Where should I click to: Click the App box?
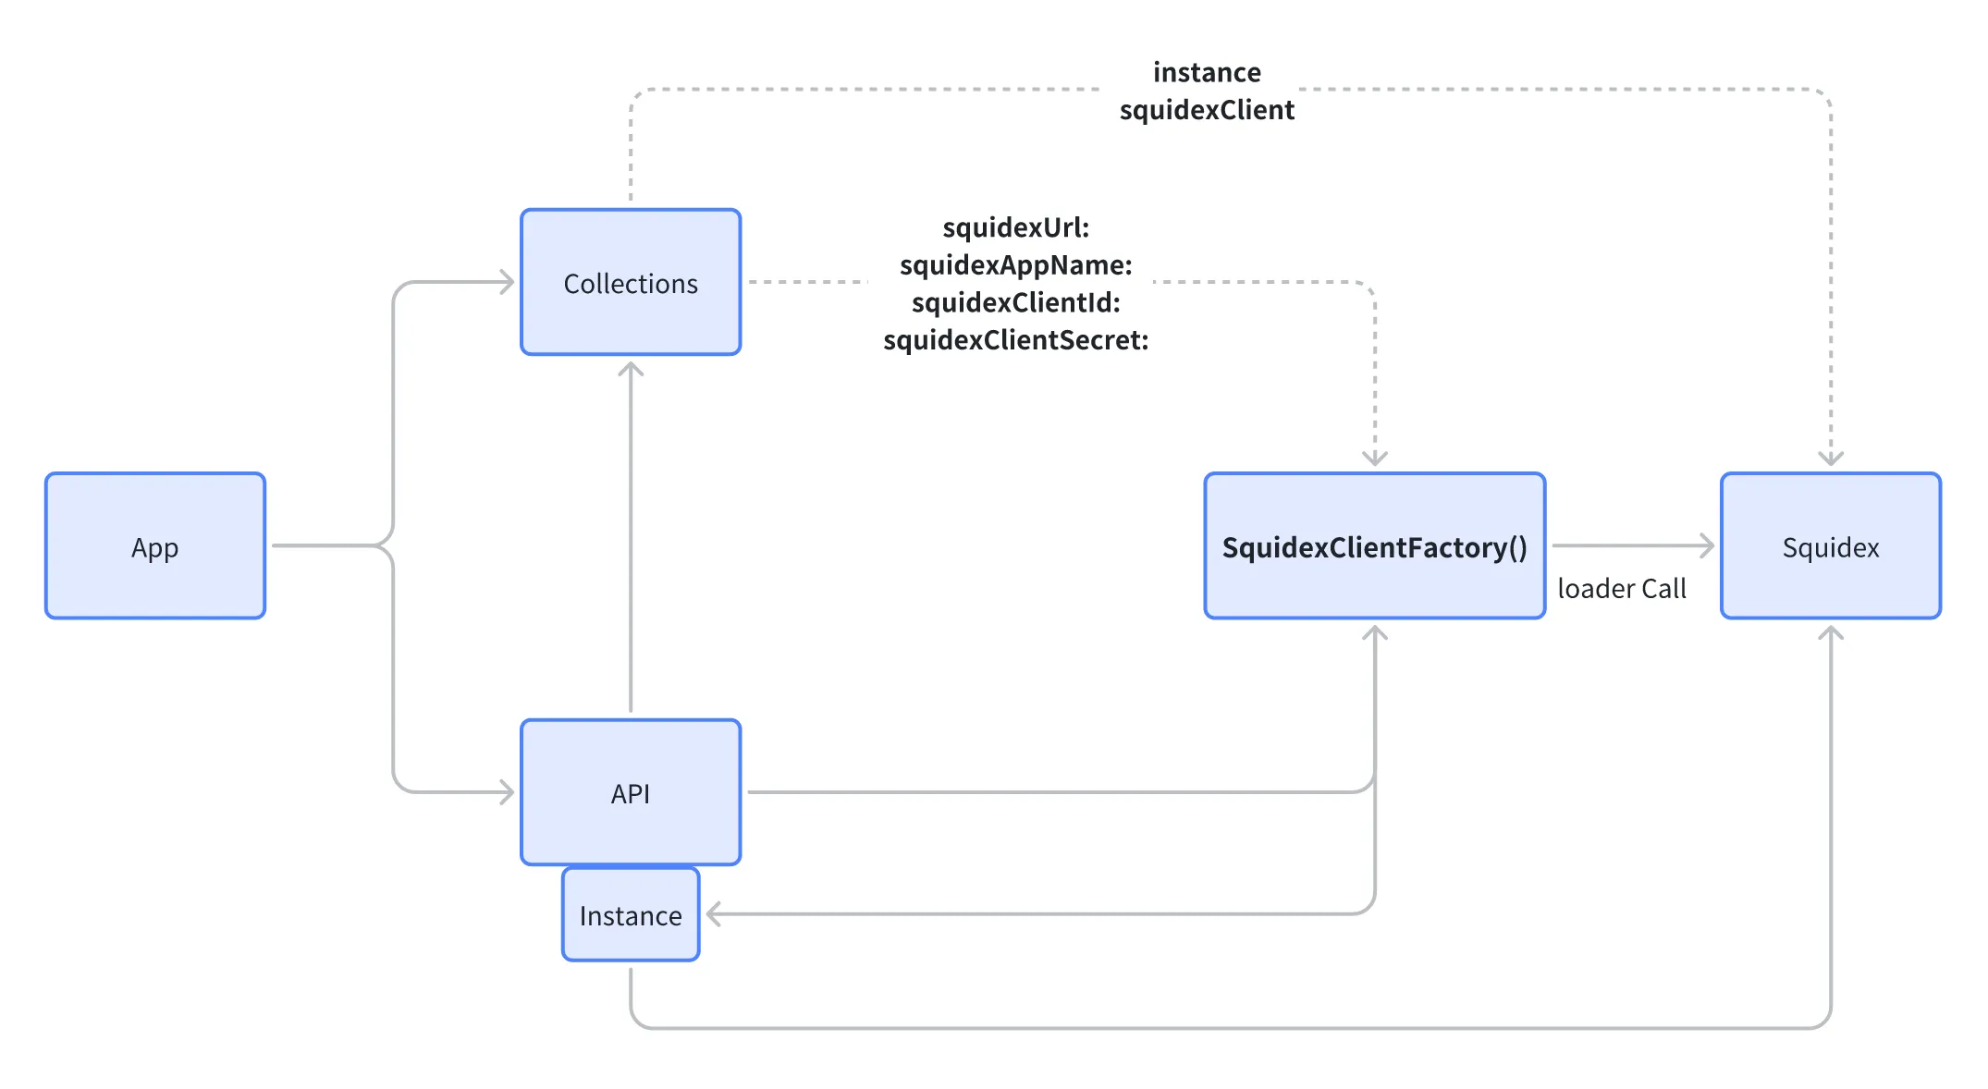tap(155, 546)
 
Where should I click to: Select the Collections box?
tap(631, 282)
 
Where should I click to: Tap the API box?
tap(631, 792)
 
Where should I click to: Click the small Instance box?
tap(631, 914)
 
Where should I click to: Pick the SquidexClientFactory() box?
tap(1374, 546)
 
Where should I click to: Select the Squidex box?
tap(1830, 546)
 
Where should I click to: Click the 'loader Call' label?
tap(1621, 588)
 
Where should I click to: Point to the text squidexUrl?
tap(1015, 227)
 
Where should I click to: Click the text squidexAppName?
tap(1015, 265)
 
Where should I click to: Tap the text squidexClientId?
tap(1015, 302)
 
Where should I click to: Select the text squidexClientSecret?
tap(1015, 340)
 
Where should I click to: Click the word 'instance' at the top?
tap(1207, 72)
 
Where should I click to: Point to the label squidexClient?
tap(1207, 110)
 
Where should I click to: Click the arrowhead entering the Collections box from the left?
tap(507, 282)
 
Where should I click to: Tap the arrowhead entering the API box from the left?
tap(507, 792)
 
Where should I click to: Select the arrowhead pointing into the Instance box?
tap(714, 914)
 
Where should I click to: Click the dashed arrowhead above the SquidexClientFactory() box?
tap(1374, 459)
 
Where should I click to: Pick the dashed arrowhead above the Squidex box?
tap(1830, 459)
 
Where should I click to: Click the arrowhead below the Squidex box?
tap(1830, 633)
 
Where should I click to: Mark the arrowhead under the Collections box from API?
tap(631, 370)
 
